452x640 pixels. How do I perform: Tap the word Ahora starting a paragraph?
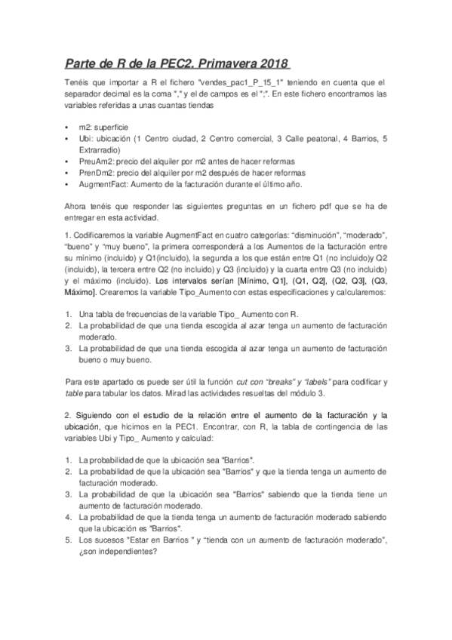pos(76,207)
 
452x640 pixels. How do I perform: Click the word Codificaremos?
pos(101,237)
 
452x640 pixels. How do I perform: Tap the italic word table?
pos(75,393)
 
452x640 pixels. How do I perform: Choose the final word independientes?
pos(124,550)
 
